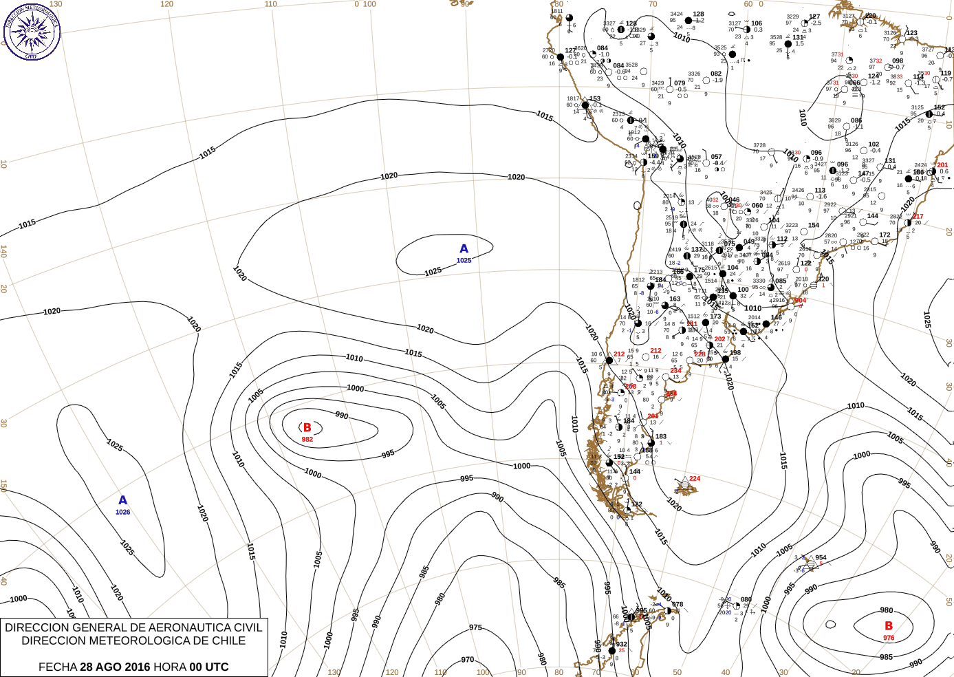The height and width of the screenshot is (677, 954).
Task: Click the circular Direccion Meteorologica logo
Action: [x=31, y=31]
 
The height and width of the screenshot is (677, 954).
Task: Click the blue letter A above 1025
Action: [x=464, y=249]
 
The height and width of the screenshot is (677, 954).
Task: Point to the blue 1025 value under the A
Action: [x=464, y=261]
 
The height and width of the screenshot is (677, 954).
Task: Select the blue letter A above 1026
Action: [x=122, y=500]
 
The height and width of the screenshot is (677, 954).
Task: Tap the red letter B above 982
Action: [x=307, y=428]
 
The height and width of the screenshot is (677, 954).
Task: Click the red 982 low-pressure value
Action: [x=307, y=440]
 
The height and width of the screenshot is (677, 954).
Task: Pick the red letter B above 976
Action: [x=889, y=626]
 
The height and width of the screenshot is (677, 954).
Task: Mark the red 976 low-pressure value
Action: [x=889, y=638]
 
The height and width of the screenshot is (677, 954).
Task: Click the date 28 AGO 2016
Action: [x=115, y=667]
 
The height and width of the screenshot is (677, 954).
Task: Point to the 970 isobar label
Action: [x=468, y=660]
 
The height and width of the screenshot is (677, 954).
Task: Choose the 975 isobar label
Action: [x=475, y=627]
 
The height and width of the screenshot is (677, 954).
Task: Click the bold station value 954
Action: [x=821, y=558]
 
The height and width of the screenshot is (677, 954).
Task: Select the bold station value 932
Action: [x=621, y=645]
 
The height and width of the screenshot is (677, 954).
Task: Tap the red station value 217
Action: [x=918, y=217]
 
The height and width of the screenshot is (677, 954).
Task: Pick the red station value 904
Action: [x=800, y=301]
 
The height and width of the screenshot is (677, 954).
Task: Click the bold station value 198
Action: [x=735, y=353]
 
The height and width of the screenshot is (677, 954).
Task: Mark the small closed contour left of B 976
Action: [x=830, y=625]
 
